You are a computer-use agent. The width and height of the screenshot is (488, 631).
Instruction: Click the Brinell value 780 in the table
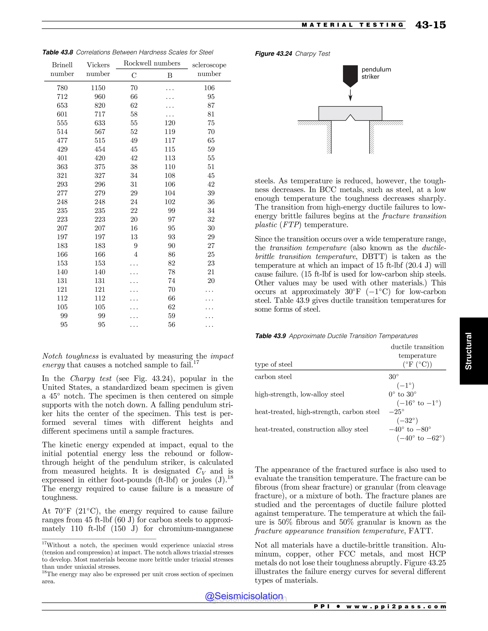click(62, 88)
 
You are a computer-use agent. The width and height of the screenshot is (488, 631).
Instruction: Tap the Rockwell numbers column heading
click(152, 63)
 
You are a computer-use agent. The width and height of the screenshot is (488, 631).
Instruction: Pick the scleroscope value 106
click(209, 88)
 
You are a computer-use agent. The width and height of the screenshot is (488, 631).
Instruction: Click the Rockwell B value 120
click(170, 123)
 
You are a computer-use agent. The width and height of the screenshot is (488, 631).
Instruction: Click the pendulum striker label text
click(376, 73)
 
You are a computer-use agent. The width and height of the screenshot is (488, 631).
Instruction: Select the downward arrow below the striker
click(350, 95)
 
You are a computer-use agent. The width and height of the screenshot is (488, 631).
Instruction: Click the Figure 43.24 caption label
click(273, 54)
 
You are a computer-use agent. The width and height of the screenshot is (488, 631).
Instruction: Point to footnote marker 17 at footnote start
click(44, 543)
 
